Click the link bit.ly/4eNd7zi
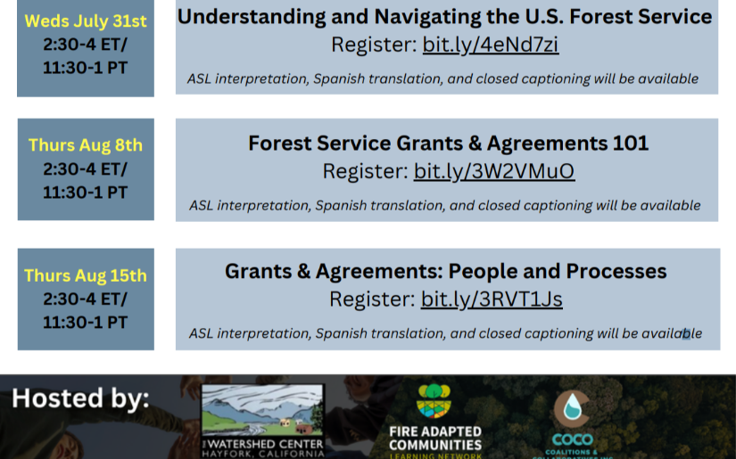pyautogui.click(x=491, y=45)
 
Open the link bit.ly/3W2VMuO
pyautogui.click(x=494, y=171)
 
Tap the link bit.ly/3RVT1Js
pyautogui.click(x=492, y=299)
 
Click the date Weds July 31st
pyautogui.click(x=85, y=20)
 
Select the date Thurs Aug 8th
pyautogui.click(x=85, y=145)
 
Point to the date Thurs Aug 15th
pyautogui.click(x=85, y=275)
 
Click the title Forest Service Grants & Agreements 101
pyautogui.click(x=448, y=143)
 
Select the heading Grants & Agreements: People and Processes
pyautogui.click(x=446, y=271)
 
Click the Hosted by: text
pyautogui.click(x=80, y=398)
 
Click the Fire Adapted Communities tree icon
pyautogui.click(x=434, y=400)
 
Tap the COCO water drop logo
pyautogui.click(x=571, y=409)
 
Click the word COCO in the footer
pyautogui.click(x=571, y=439)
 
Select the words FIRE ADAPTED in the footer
pyautogui.click(x=434, y=431)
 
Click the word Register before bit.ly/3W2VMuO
pyautogui.click(x=365, y=171)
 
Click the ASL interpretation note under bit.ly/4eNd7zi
pyautogui.click(x=442, y=78)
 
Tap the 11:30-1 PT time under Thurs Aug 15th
pyautogui.click(x=85, y=322)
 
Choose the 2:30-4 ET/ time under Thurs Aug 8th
pyautogui.click(x=85, y=168)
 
